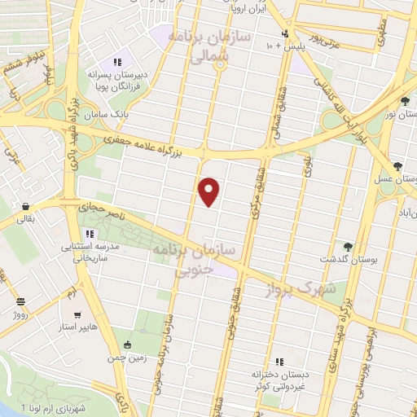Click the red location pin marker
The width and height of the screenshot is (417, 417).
pyautogui.click(x=210, y=191)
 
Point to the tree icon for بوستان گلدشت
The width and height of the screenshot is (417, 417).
pyautogui.click(x=349, y=246)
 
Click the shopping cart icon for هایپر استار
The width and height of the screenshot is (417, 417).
pyautogui.click(x=77, y=314)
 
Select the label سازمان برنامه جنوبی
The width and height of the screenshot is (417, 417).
pyautogui.click(x=193, y=261)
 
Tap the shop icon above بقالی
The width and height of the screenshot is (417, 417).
pyautogui.click(x=27, y=207)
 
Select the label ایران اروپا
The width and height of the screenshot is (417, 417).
pyautogui.click(x=246, y=11)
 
